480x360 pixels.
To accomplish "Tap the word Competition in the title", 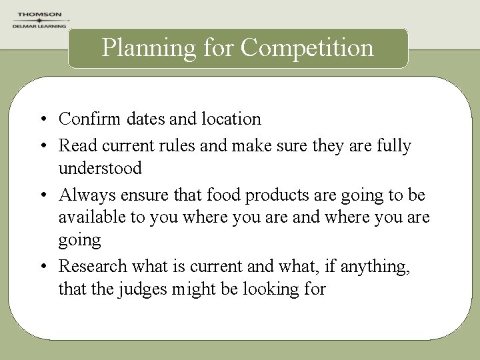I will click(x=307, y=48).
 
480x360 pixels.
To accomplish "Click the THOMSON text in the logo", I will click(x=39, y=14).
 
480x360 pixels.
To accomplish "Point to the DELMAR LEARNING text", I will click(x=39, y=26).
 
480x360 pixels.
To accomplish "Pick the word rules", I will click(x=175, y=145).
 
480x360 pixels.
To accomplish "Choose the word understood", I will click(x=100, y=168).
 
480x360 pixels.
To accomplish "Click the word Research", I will click(x=93, y=266).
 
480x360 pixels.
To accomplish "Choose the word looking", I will click(x=273, y=289).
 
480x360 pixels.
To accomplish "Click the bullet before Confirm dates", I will click(x=42, y=120).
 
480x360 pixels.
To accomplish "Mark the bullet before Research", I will click(x=42, y=267).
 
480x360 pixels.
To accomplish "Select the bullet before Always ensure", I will click(x=42, y=195).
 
